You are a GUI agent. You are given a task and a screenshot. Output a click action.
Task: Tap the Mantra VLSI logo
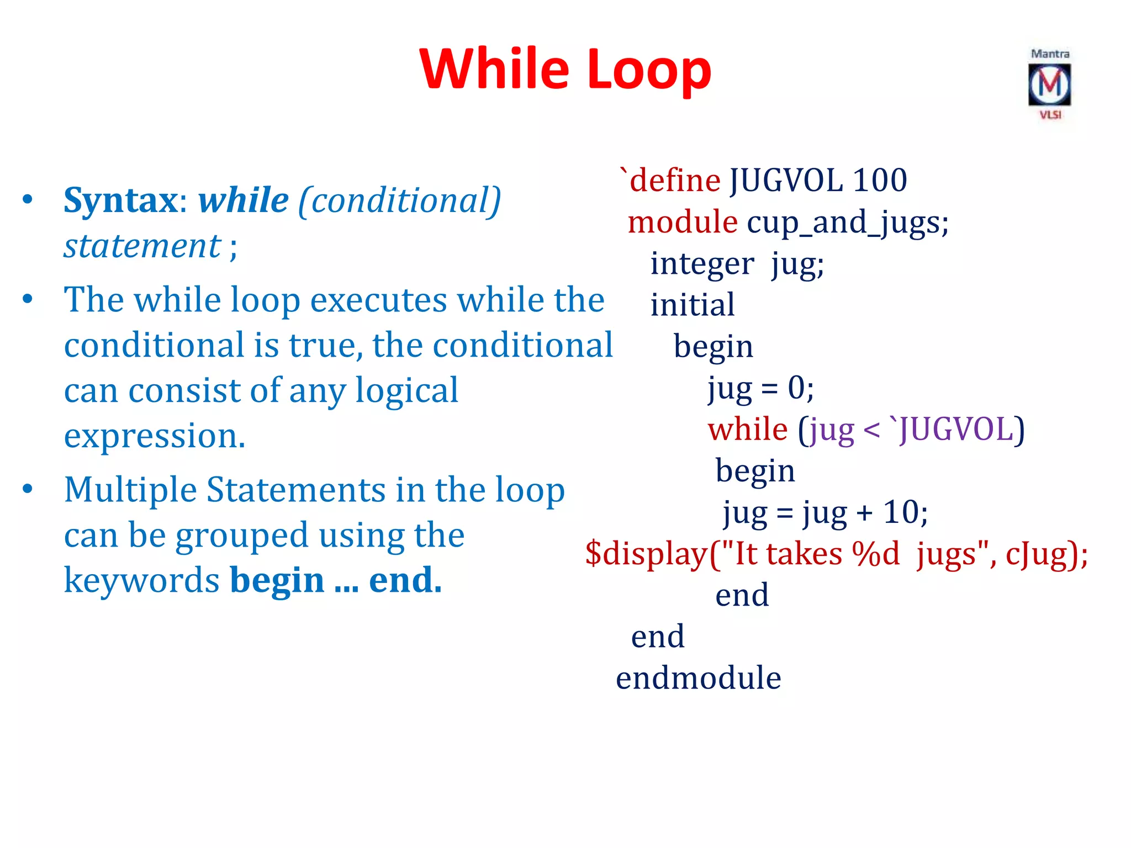coord(1049,84)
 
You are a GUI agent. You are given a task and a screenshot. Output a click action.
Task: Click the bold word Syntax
coord(121,200)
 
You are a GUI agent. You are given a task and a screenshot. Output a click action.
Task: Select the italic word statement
coord(142,246)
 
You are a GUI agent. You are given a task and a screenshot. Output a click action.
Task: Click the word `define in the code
coord(670,180)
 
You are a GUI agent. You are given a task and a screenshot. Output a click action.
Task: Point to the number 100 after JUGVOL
coord(880,180)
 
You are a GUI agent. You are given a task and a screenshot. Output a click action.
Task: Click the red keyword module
coord(683,222)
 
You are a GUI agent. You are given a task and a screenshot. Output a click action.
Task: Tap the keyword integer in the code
coord(702,264)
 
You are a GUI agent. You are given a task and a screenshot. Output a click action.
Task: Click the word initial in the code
coord(693,305)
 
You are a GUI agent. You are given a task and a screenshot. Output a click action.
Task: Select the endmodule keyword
coord(699,677)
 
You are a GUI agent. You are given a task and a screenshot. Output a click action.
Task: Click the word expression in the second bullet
coord(154,436)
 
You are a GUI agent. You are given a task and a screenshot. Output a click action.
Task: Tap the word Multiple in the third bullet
coord(130,490)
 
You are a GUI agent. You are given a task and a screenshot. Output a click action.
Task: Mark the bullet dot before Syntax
coord(28,200)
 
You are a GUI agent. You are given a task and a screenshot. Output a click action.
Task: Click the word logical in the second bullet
coord(406,391)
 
